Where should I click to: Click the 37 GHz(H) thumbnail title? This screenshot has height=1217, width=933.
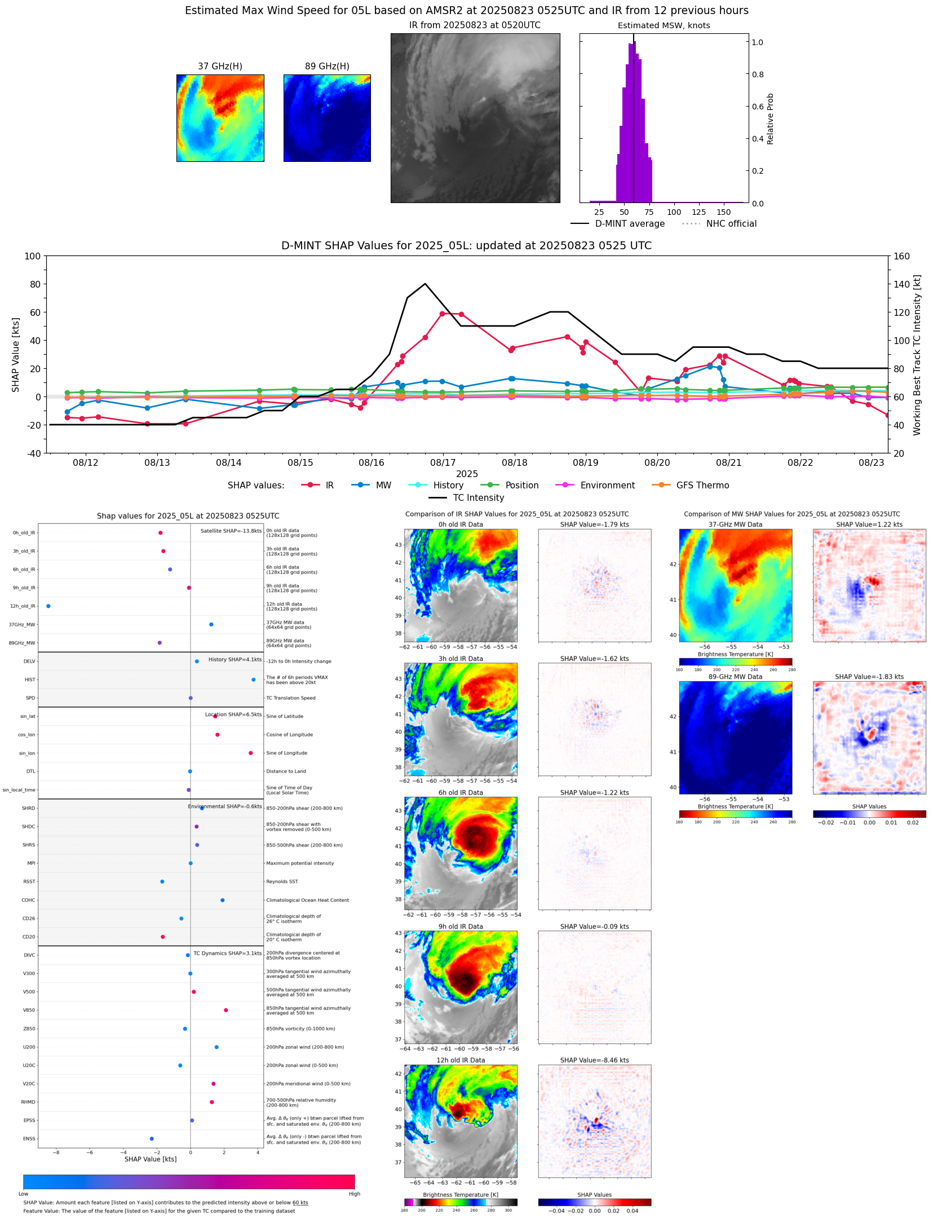click(220, 67)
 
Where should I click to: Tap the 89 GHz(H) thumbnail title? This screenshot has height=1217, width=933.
click(327, 67)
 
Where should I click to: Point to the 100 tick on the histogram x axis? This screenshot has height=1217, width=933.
click(674, 212)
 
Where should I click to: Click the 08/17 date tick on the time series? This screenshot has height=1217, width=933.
click(443, 462)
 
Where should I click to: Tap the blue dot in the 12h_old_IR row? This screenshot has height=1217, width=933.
click(48, 606)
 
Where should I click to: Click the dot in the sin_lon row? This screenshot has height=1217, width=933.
click(251, 753)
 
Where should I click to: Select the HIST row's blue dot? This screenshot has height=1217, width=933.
click(254, 680)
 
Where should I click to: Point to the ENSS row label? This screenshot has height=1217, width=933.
click(29, 1139)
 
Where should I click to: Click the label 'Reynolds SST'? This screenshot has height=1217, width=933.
click(282, 881)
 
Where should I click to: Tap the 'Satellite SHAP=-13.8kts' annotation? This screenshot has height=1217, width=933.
click(231, 531)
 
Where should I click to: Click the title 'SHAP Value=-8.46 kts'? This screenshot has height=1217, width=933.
click(594, 1060)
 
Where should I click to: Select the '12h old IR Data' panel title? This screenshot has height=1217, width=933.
click(461, 1060)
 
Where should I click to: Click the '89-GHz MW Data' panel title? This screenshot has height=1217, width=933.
click(735, 677)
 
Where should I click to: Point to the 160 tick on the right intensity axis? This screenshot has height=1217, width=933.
click(901, 256)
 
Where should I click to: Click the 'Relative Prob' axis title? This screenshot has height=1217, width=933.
click(770, 118)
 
